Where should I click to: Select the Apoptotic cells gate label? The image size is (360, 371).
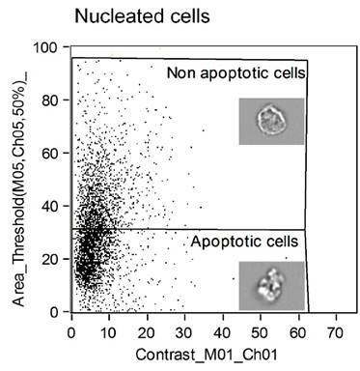[x=244, y=241]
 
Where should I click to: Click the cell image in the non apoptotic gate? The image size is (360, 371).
[x=271, y=121]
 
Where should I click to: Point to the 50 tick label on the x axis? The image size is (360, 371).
[x=260, y=330]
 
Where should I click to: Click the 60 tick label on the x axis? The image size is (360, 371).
[x=297, y=330]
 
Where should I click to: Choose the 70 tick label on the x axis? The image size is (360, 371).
[x=335, y=330]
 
